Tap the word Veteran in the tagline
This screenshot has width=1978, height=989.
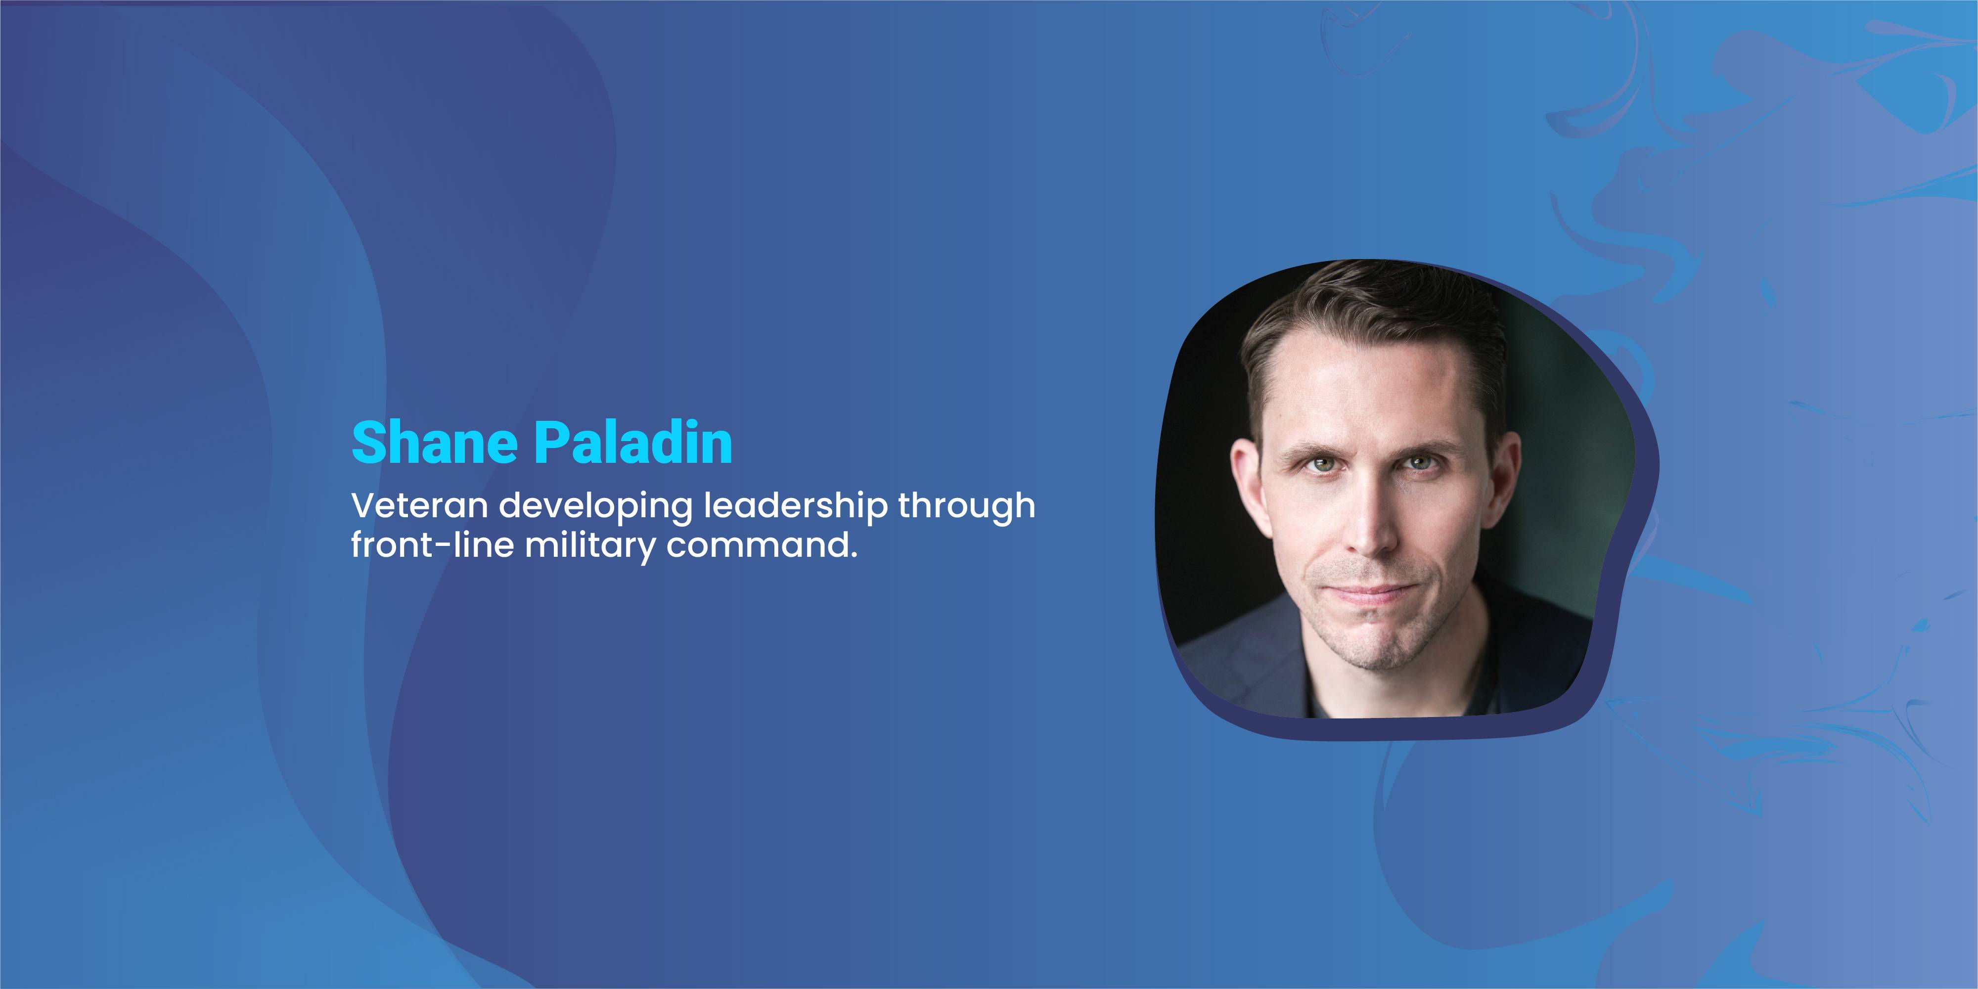[419, 506]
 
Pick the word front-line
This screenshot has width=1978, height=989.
[432, 544]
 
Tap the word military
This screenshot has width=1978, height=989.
[590, 547]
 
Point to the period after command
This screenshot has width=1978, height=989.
[853, 556]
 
